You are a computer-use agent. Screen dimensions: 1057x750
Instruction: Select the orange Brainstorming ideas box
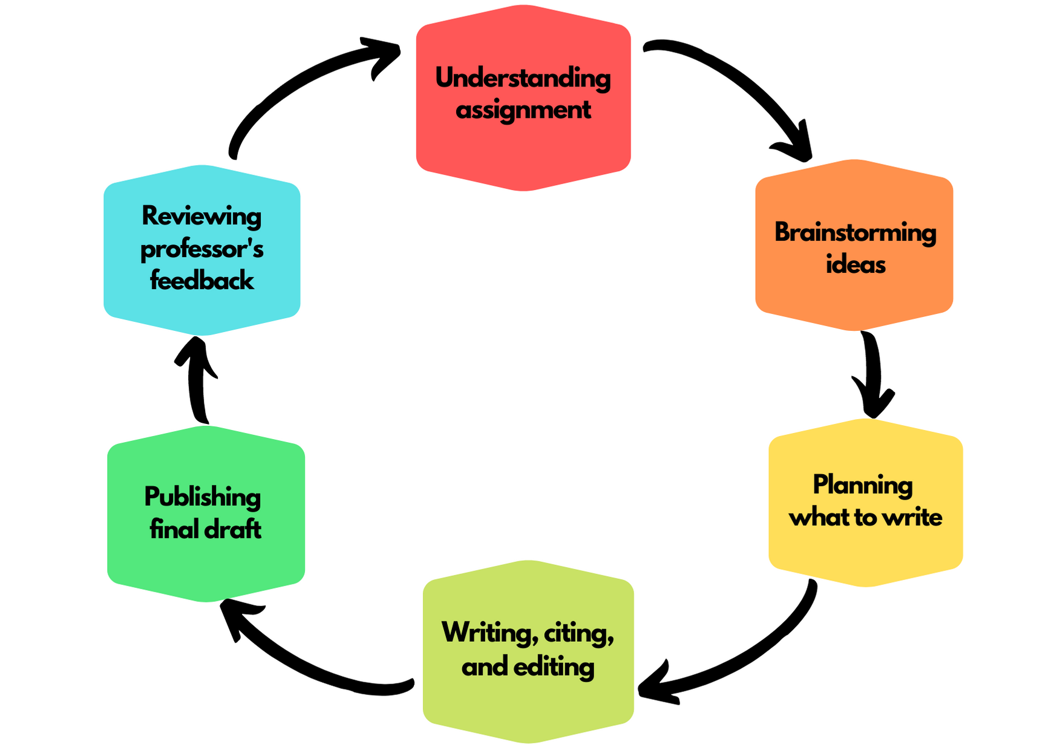854,245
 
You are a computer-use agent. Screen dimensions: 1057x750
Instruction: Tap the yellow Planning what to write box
866,502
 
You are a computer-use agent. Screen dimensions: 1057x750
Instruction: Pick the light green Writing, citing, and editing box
528,651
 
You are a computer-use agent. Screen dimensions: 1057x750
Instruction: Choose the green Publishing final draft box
206,514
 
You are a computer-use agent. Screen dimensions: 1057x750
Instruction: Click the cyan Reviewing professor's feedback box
202,250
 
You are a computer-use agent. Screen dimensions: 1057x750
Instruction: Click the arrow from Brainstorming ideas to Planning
873,375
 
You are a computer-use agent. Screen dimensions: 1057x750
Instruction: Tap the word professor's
202,250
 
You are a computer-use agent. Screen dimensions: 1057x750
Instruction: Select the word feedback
202,281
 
